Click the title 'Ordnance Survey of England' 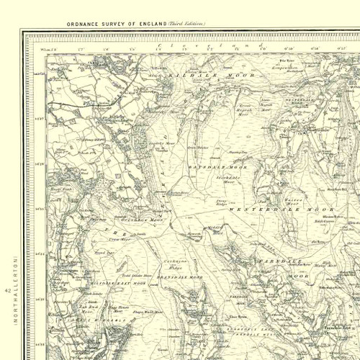(x=117, y=24)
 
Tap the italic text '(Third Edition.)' (x=186, y=24)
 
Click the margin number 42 (x=7, y=291)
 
